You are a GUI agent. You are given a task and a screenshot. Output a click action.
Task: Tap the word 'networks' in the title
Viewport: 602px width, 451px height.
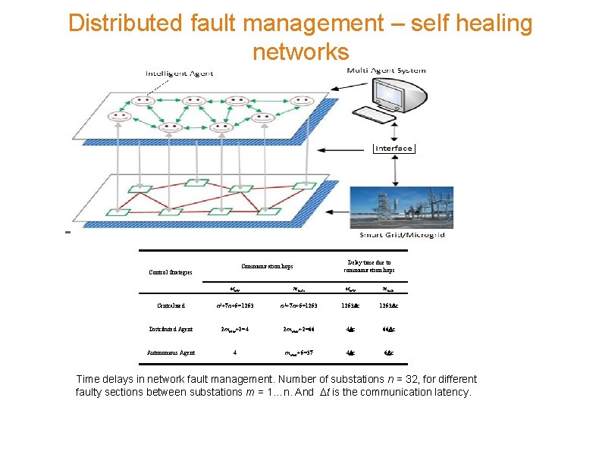pos(300,52)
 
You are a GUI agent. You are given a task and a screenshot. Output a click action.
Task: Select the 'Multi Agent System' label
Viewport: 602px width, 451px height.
pos(386,70)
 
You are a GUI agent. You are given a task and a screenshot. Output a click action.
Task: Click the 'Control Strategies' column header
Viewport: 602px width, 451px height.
pos(171,272)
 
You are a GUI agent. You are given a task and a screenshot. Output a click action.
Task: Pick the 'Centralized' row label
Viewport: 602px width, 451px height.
pos(171,305)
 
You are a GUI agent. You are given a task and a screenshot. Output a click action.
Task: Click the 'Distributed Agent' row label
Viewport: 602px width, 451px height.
pos(171,329)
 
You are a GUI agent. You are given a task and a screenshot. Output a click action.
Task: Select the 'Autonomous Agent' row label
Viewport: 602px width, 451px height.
pos(171,352)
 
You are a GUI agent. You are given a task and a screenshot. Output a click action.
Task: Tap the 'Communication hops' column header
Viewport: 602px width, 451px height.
pos(268,266)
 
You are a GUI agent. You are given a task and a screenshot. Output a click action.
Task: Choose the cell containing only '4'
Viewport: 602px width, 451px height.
pos(236,352)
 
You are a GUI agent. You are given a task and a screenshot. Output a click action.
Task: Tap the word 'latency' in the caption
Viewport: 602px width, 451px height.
pos(450,392)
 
